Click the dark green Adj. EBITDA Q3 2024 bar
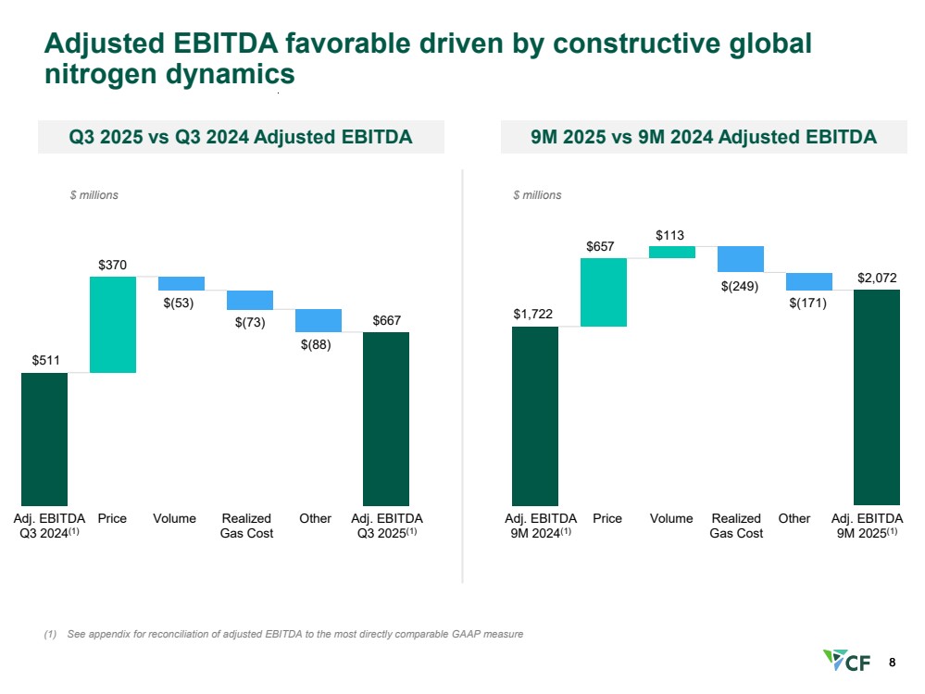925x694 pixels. point(44,439)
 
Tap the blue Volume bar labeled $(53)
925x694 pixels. point(181,283)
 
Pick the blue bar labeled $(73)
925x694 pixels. point(250,300)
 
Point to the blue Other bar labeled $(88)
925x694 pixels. point(319,320)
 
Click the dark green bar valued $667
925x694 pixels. point(386,418)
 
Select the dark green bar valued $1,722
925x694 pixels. point(535,415)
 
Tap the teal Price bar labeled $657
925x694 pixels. point(604,291)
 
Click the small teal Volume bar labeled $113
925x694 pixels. point(672,252)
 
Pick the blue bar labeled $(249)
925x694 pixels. point(741,259)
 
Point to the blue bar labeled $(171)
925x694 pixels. point(809,281)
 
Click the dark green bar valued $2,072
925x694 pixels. point(877,397)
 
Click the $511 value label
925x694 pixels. point(44,359)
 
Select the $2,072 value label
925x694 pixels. point(877,277)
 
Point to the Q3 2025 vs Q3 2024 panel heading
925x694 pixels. point(241,138)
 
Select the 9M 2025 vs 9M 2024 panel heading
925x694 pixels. point(704,138)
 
